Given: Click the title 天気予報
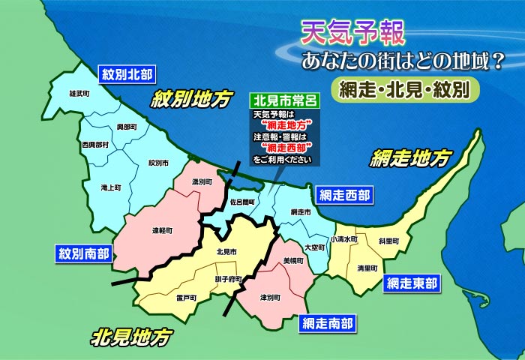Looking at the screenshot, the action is (x=352, y=31).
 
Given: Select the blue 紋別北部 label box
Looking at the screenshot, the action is (x=126, y=73).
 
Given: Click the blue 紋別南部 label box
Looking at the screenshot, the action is (x=84, y=253).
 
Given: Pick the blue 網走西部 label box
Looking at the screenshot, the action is (x=343, y=196).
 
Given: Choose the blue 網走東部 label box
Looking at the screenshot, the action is (x=412, y=283).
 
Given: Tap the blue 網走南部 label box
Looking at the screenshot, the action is (x=327, y=323).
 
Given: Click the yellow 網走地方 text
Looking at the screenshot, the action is (x=412, y=158).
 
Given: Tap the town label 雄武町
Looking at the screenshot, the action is (x=79, y=94).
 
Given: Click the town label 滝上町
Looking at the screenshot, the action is (x=110, y=187).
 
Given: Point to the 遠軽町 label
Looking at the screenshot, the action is (x=163, y=231).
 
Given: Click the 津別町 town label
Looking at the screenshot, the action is (x=270, y=298).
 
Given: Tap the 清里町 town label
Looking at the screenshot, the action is (x=367, y=268).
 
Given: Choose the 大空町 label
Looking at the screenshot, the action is (x=315, y=246).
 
